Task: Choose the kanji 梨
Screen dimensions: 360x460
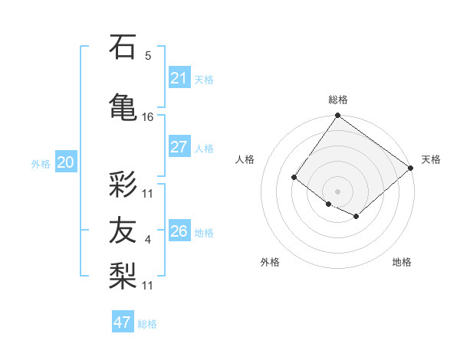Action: pos(123,273)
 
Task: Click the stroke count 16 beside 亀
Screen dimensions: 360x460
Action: pos(148,117)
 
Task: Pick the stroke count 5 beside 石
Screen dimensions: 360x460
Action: pos(148,56)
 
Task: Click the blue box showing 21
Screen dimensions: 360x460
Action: pos(179,77)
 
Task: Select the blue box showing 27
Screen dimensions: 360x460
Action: pos(179,147)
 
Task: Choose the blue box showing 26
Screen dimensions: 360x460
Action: pos(179,231)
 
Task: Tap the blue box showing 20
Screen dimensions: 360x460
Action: pos(66,162)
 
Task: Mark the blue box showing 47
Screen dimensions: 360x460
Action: pos(123,322)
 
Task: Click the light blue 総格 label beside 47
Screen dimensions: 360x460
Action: pos(147,324)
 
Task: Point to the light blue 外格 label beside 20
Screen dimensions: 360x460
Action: pos(41,163)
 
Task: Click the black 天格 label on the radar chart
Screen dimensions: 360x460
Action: pos(431,159)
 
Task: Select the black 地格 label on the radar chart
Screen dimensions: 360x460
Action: pos(402,262)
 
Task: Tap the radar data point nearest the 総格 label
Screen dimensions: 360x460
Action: pos(337,116)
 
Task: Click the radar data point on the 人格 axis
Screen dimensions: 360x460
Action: pos(294,178)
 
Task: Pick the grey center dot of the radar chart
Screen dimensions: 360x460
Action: pos(337,191)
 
